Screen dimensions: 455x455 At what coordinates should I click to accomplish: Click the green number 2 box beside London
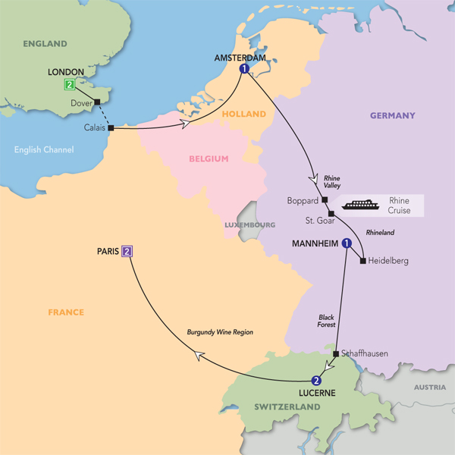(70, 85)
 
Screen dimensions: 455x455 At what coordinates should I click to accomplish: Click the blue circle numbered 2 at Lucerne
(316, 381)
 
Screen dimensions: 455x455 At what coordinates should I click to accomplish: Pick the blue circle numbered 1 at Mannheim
(347, 244)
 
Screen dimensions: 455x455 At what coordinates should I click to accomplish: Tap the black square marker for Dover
(97, 102)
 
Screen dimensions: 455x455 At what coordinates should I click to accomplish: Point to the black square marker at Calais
(111, 128)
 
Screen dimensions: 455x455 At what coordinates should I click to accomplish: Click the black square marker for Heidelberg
(363, 261)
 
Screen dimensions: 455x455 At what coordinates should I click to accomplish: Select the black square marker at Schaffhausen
(336, 353)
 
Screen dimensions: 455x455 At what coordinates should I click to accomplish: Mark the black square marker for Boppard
(324, 200)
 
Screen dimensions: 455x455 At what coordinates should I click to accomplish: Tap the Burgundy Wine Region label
(221, 332)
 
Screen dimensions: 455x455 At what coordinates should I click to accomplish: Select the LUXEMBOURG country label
(249, 225)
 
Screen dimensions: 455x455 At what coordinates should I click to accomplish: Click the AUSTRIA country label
(429, 388)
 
